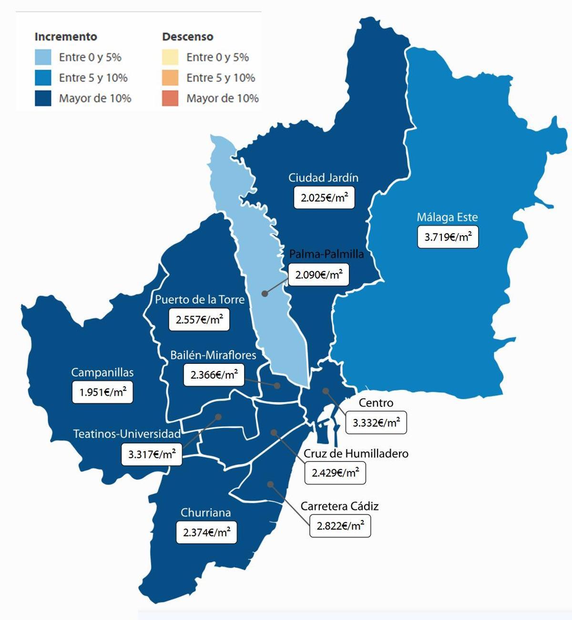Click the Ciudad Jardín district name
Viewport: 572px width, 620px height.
pos(323,178)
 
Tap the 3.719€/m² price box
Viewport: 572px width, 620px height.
pos(448,237)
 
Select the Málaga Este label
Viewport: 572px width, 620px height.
pos(447,217)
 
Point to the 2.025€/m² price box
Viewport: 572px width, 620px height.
pos(324,198)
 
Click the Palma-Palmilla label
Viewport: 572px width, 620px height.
pos(327,254)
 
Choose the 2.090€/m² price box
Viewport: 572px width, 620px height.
pos(318,275)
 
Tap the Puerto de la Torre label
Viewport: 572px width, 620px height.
pos(200,300)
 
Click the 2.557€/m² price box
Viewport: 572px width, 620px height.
pos(199,320)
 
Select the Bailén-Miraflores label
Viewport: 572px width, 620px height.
pos(213,355)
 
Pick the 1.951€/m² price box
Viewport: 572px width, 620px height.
pos(102,392)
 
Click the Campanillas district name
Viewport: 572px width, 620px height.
pos(102,372)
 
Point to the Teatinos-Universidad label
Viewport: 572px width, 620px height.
pos(127,434)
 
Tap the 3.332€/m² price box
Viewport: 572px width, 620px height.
pos(376,422)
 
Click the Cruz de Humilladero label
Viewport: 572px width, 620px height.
pos(356,453)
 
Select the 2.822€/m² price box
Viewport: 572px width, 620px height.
pos(340,526)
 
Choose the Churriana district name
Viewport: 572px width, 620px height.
pos(205,512)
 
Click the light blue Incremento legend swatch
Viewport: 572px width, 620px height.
pos(43,57)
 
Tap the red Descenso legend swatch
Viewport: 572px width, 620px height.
pos(170,99)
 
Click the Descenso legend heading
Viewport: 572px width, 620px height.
pos(187,37)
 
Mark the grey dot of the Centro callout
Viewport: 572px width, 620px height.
pos(326,391)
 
